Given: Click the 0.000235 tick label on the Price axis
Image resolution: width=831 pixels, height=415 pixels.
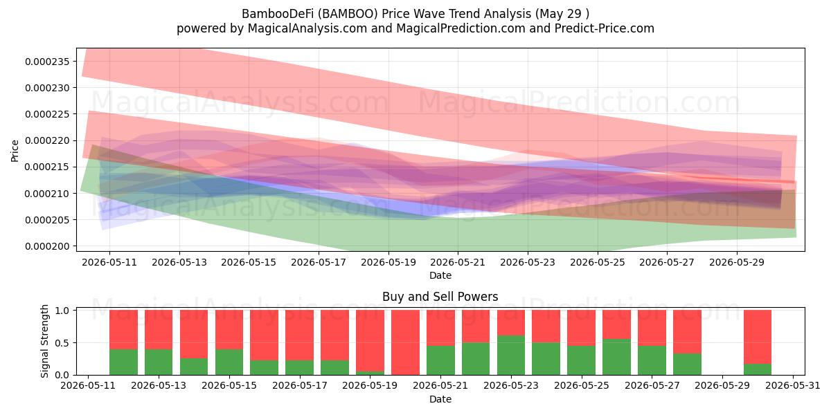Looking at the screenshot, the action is [x=47, y=62].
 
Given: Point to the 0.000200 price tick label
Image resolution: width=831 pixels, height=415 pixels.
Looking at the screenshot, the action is [x=47, y=246].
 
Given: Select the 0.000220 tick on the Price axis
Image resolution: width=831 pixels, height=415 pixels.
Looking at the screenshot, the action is [x=47, y=141].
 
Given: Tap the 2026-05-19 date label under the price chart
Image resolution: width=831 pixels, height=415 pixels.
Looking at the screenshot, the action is [x=388, y=262].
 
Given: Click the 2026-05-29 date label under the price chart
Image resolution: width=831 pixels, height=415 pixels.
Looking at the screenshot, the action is [x=737, y=262].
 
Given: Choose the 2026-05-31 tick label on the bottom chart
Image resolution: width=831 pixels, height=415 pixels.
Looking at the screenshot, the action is [x=793, y=386].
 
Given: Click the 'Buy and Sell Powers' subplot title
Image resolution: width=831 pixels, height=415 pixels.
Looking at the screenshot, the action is [x=440, y=297].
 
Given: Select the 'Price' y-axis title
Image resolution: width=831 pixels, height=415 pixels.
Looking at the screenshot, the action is [x=15, y=151].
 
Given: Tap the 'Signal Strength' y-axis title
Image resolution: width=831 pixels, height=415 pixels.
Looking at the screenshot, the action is [x=44, y=341].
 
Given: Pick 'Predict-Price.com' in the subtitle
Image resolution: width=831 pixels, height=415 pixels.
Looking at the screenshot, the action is [x=605, y=28].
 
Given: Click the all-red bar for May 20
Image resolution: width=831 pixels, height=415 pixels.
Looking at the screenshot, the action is [x=405, y=342].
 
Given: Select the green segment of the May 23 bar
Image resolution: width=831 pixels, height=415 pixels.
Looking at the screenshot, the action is [x=511, y=356].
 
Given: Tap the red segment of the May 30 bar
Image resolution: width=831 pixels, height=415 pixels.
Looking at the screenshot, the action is [x=758, y=337].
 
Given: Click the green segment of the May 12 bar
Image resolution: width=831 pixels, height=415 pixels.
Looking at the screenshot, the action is [x=123, y=362].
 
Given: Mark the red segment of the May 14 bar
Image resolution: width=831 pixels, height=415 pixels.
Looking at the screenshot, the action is [x=194, y=334].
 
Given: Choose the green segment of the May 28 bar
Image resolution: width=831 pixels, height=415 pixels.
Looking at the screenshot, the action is [x=687, y=365].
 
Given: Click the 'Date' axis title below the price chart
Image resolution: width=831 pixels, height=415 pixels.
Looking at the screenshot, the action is [x=440, y=275].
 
